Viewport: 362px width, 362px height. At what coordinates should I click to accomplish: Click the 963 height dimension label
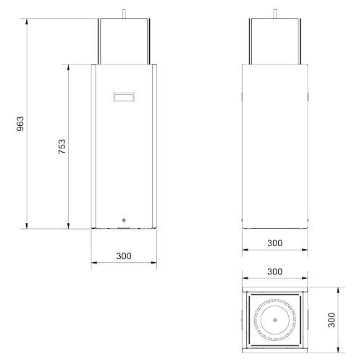click(x=20, y=124)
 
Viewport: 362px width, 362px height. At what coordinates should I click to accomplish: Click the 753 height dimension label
click(x=62, y=146)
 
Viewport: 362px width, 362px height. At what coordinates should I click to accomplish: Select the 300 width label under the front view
click(x=124, y=256)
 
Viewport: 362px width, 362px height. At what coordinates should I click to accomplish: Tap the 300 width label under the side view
click(x=274, y=243)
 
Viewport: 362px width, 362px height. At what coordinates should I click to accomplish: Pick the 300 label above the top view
click(x=274, y=271)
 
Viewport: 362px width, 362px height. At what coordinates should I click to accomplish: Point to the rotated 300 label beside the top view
click(x=332, y=320)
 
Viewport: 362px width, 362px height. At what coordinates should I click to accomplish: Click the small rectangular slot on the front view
click(x=124, y=97)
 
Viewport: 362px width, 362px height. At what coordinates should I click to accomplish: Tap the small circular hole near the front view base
click(x=124, y=220)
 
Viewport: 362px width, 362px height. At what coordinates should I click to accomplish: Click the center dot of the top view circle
click(x=275, y=320)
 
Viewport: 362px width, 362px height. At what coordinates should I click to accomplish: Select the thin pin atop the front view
click(x=124, y=14)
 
